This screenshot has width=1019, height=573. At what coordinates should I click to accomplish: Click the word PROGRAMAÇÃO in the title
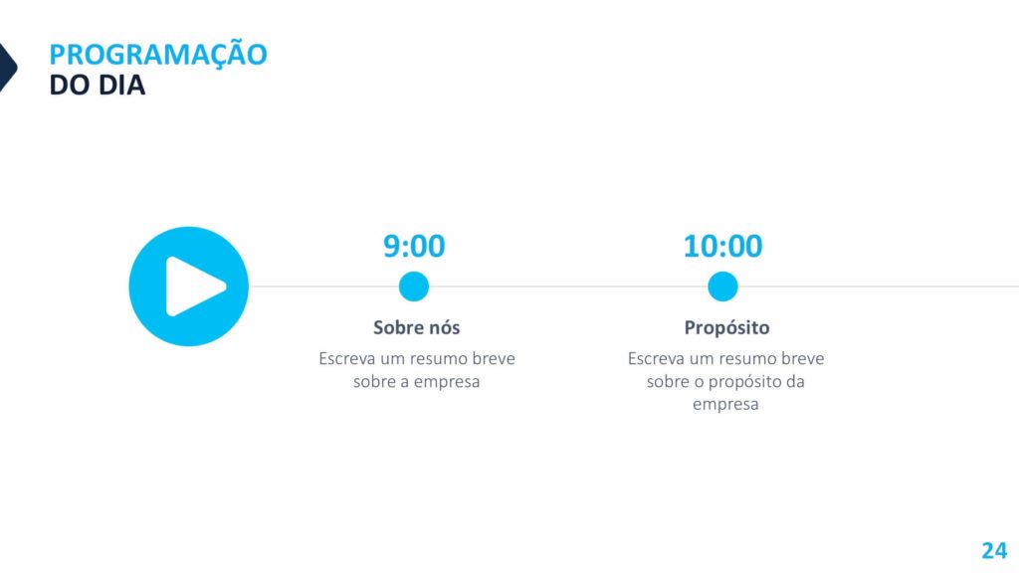click(x=158, y=54)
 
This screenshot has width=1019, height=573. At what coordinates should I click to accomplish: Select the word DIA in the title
click(x=121, y=86)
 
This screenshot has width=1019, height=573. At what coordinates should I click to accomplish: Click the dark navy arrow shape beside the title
click(x=7, y=67)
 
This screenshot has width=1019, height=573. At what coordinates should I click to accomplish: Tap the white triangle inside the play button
click(x=195, y=286)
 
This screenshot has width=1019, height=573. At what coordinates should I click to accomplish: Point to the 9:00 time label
click(x=414, y=247)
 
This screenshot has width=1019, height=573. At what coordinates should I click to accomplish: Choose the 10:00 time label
click(x=722, y=247)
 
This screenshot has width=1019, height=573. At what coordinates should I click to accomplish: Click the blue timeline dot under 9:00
click(x=414, y=286)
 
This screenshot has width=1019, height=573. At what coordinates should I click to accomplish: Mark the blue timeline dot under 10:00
click(x=722, y=286)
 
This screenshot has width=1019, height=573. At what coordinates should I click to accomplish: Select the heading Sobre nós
click(x=417, y=327)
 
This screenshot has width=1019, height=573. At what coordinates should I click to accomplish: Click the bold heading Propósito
click(x=726, y=328)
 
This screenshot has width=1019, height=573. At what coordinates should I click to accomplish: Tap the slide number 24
click(x=994, y=550)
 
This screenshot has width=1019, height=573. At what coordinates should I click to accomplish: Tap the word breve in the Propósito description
click(x=803, y=358)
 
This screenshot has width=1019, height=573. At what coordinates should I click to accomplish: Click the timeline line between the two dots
click(x=568, y=286)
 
